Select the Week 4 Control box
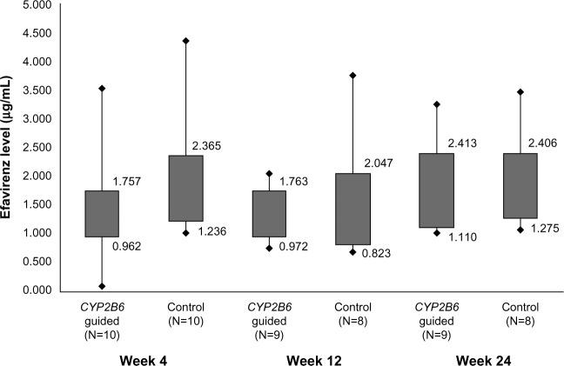[x=185, y=188]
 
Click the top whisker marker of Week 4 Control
[x=185, y=41]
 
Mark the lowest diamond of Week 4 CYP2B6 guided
[x=102, y=285]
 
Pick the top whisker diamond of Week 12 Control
[x=352, y=76]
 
